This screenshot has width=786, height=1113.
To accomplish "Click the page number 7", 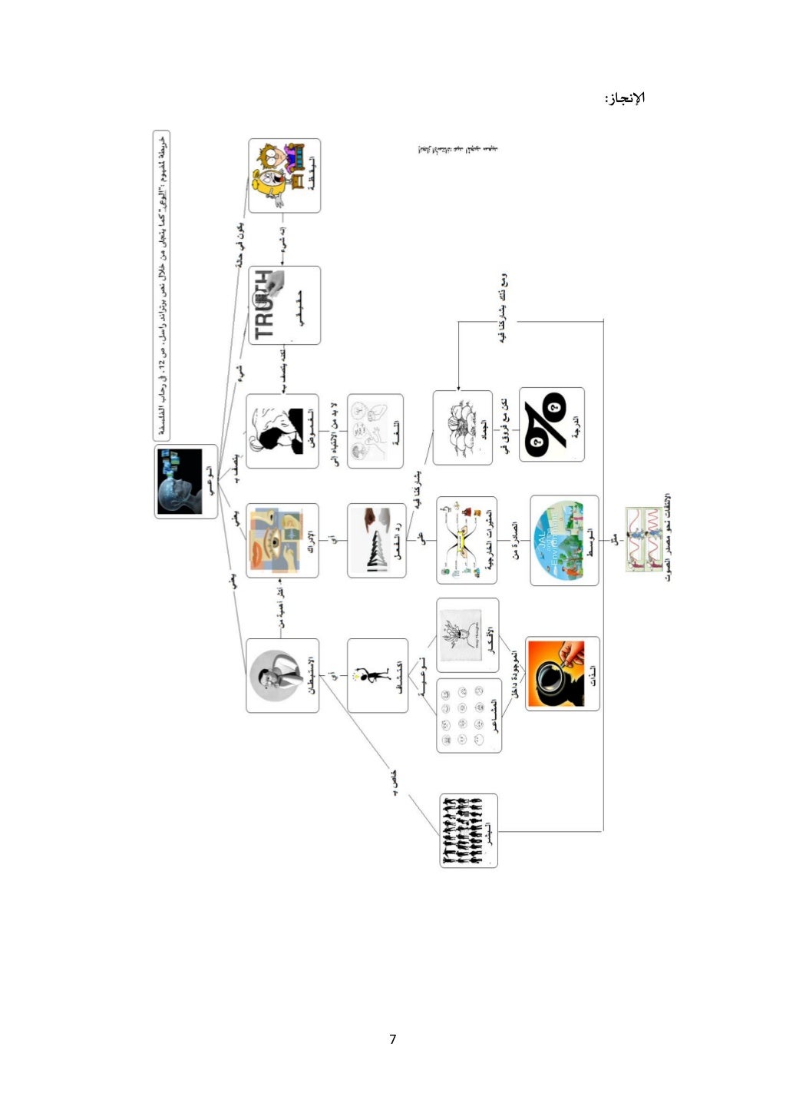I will tap(393, 1039).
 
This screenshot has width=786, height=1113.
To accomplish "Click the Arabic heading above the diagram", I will tap(625, 98).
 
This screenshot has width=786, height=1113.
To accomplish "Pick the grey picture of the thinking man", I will tap(274, 675).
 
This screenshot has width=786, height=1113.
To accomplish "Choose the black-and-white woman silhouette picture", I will tap(272, 431).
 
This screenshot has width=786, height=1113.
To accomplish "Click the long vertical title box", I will tap(161, 285).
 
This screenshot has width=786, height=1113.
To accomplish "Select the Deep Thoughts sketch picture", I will tap(461, 634).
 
